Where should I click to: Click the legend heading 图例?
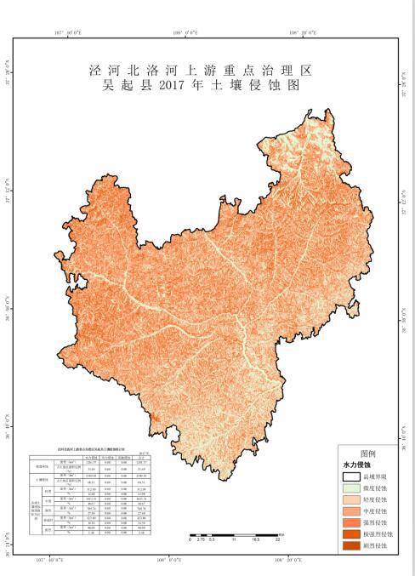[367, 453]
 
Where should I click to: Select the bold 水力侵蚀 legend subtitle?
[358, 466]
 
